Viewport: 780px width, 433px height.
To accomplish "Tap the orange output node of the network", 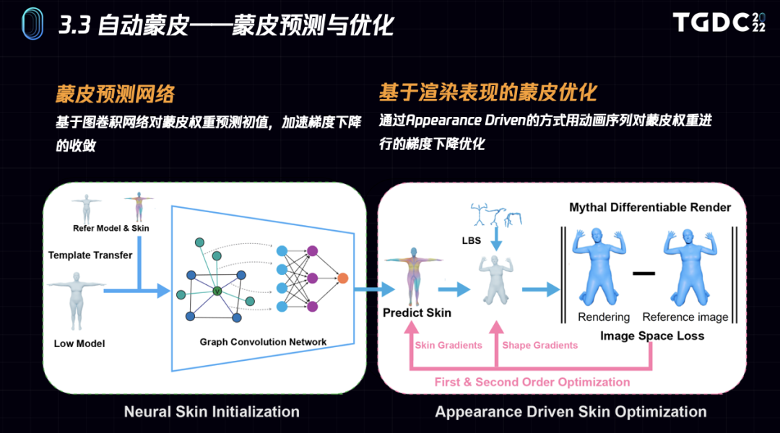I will click(342, 278).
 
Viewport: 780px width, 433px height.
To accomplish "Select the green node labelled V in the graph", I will click(217, 291).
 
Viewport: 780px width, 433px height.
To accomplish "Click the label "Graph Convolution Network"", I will click(263, 341).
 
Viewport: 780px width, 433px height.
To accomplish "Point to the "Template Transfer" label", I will click(90, 255).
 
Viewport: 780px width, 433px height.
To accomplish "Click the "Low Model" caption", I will click(79, 344).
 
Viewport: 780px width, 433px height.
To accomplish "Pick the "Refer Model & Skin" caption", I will click(111, 228).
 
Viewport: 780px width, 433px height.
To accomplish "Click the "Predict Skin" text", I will click(417, 312).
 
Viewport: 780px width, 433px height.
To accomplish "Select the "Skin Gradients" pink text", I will click(448, 345).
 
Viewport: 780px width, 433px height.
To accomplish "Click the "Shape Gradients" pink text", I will click(540, 345).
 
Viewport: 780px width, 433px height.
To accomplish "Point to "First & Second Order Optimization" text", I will click(532, 382).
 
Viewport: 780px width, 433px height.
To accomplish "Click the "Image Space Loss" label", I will click(652, 336).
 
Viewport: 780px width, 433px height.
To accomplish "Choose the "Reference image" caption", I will click(685, 317).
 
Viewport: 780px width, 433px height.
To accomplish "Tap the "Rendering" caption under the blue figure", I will click(604, 317).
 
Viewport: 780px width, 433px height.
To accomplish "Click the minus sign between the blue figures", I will click(643, 274).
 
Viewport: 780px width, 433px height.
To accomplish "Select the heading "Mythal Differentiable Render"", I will click(650, 207).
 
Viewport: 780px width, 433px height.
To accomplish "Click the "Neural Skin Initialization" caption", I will click(212, 412).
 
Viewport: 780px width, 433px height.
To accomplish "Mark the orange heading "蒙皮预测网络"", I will click(116, 94).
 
